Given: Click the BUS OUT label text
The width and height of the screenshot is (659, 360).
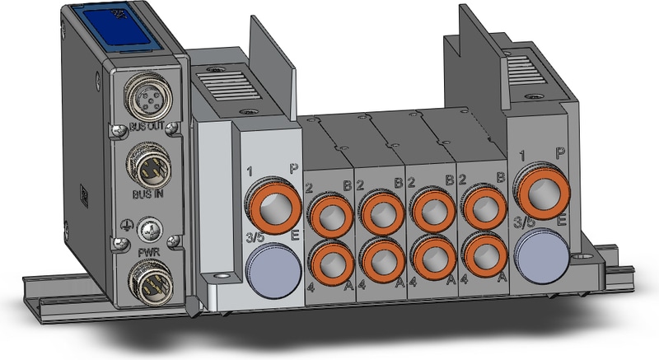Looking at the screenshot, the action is coord(147,126).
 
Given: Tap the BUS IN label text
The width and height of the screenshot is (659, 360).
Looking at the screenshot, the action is coord(148,194).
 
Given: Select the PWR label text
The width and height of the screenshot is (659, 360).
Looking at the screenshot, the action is coord(149,253).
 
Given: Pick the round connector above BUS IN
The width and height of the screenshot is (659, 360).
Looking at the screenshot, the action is coord(148,166).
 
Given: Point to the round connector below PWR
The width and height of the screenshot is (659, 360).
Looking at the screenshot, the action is coord(151,282).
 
